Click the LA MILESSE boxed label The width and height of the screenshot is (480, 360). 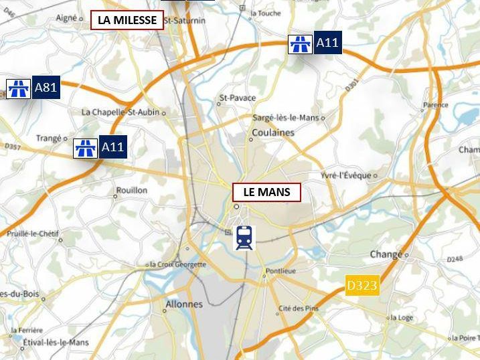[127, 20]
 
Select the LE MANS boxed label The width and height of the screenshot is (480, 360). [266, 192]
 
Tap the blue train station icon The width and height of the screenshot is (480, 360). [244, 238]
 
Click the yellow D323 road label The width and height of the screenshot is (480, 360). [362, 286]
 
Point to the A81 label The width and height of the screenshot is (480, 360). [46, 88]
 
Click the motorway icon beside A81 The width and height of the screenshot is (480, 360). [17, 88]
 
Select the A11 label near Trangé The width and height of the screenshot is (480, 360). [112, 147]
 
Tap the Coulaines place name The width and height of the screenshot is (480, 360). [272, 132]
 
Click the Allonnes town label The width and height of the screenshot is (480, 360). [183, 304]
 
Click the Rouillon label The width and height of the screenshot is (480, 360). [132, 190]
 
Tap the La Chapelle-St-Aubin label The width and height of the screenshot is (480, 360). [120, 112]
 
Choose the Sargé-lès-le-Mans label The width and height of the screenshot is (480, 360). [286, 117]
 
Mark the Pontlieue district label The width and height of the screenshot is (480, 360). [280, 272]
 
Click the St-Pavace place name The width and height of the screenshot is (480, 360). [238, 98]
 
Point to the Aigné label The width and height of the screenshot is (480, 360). [67, 19]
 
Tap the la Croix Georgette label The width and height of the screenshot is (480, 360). [177, 264]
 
